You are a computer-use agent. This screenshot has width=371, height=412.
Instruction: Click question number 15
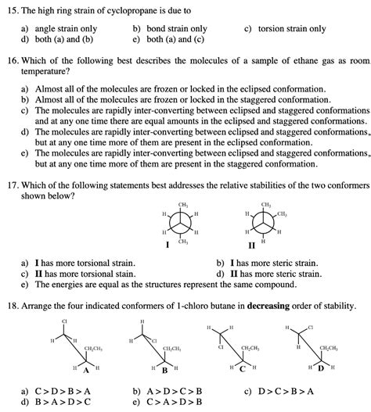tap(12, 10)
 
